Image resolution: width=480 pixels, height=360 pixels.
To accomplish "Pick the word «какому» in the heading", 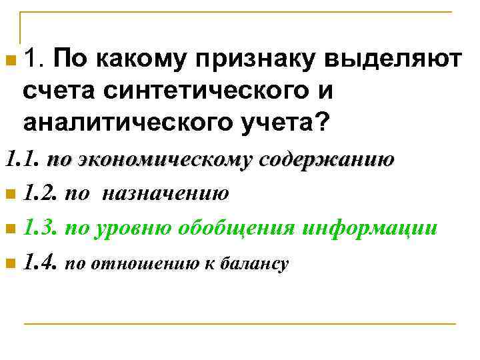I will click(x=137, y=61).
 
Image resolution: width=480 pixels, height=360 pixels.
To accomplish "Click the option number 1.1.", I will click(x=23, y=161).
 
